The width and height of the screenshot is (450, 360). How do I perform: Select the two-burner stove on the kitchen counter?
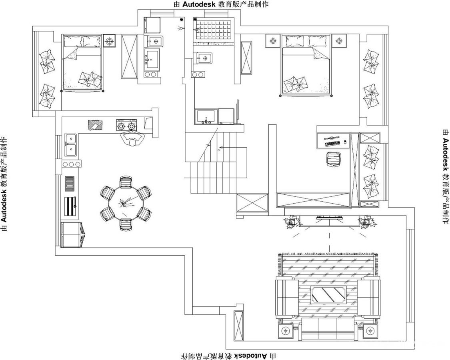[126, 125]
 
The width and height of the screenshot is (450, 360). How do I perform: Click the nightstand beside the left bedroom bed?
[109, 41]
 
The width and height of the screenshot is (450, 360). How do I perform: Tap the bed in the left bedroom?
[82, 63]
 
